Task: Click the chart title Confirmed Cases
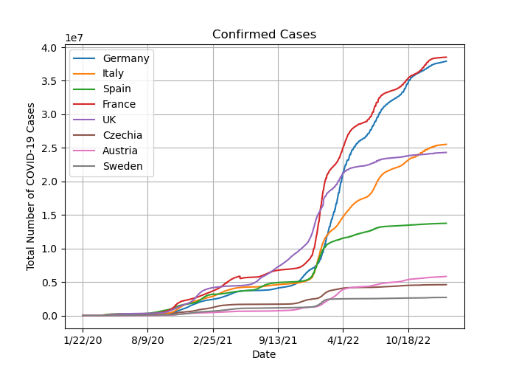point(264,34)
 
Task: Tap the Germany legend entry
point(126,58)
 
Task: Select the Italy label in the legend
point(114,73)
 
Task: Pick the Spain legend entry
point(116,89)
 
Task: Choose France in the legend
point(119,104)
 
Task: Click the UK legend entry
point(109,120)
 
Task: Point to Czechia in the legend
point(122,135)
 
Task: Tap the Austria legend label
point(120,151)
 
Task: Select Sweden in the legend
point(123,166)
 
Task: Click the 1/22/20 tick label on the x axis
point(83,340)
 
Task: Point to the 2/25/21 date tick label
point(213,340)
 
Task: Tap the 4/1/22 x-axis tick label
point(344,340)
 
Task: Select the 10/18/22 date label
point(408,340)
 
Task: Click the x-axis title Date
point(264,354)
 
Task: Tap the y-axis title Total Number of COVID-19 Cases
point(31,187)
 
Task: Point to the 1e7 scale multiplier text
point(74,38)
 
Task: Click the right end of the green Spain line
point(446,224)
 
